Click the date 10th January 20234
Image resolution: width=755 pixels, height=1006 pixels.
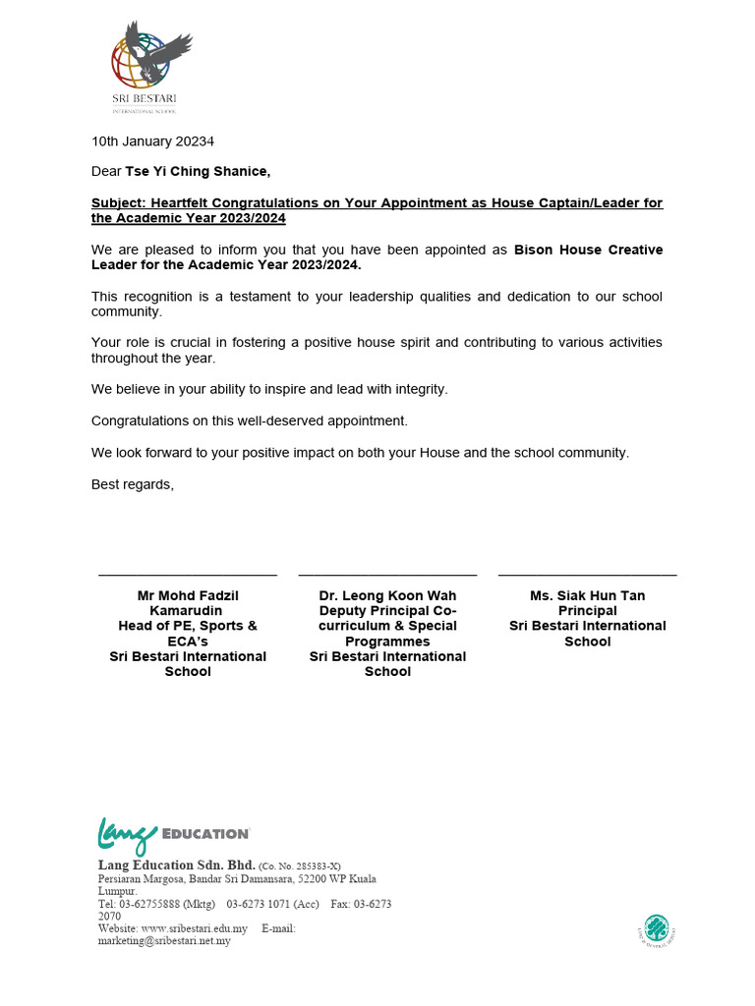(152, 140)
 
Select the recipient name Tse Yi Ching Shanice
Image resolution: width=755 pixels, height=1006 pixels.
(197, 171)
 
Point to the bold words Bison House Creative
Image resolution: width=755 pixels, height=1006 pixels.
(588, 250)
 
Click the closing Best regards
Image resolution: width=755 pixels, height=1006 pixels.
(132, 483)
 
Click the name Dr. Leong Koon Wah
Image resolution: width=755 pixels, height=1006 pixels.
(387, 595)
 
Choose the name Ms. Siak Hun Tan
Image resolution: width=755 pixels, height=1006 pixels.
(587, 595)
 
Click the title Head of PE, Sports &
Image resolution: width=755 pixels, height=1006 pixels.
(187, 626)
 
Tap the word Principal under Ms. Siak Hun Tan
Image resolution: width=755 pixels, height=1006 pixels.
(587, 611)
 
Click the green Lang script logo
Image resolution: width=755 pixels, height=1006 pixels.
(126, 835)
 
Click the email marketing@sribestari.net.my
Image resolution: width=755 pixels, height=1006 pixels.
(164, 941)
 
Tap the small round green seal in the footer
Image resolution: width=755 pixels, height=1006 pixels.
(657, 928)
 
